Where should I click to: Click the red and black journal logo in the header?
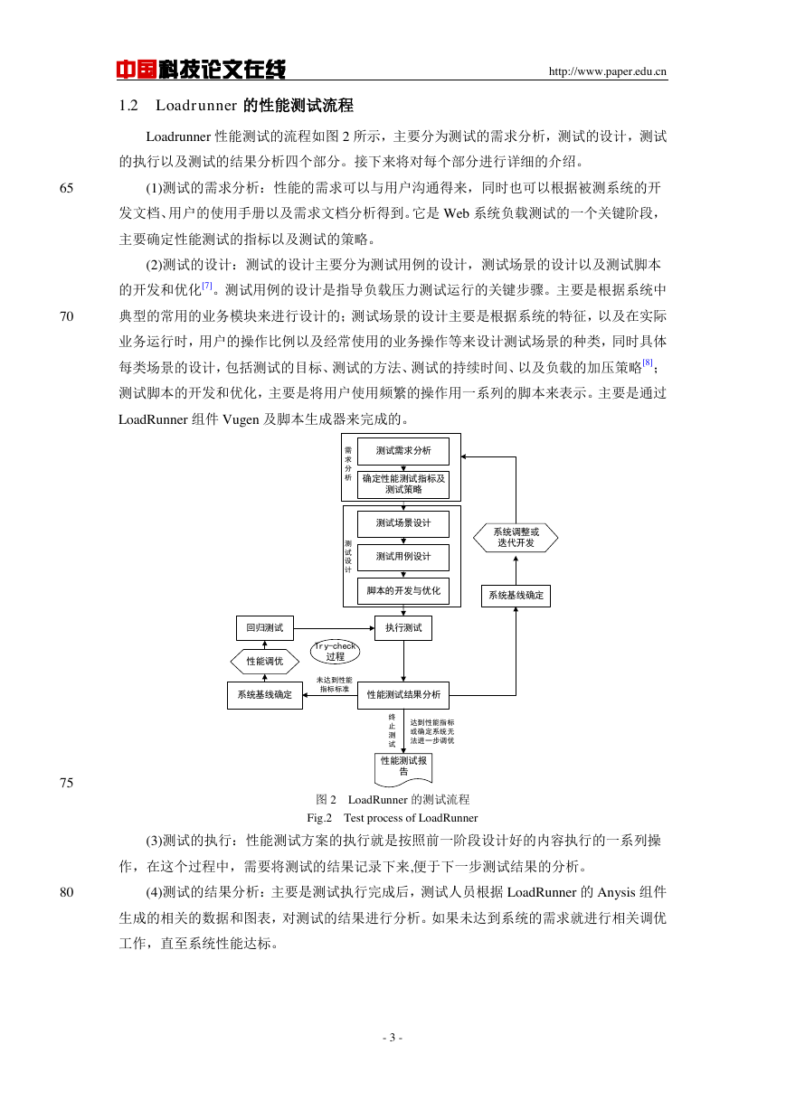201,69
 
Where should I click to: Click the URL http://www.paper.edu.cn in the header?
607,71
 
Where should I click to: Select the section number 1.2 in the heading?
128,106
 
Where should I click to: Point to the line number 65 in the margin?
66,188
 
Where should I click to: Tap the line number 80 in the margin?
66,892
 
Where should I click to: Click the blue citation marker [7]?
207,286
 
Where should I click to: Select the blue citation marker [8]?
647,362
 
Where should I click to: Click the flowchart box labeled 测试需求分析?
403,451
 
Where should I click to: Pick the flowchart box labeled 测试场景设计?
403,523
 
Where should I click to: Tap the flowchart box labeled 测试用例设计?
403,558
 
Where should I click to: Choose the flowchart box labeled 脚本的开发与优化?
403,591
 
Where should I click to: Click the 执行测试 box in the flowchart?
403,628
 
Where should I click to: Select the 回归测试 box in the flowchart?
265,628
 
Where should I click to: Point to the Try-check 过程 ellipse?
336,652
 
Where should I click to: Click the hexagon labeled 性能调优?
265,662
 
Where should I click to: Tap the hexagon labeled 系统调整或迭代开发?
516,538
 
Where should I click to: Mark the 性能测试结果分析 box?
403,695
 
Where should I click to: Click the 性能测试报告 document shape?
403,769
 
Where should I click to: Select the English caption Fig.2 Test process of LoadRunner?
392,818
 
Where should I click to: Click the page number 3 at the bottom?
393,1038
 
